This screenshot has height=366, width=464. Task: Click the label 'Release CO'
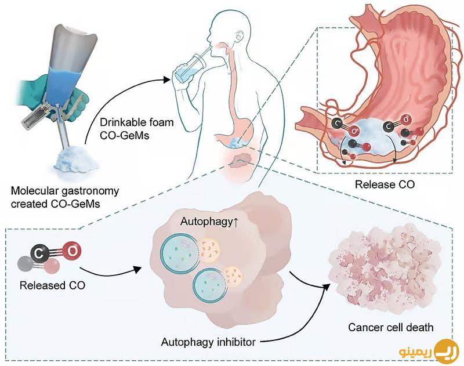[385, 184]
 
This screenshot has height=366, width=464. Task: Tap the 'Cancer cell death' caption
[390, 327]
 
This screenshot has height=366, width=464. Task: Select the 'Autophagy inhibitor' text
[208, 342]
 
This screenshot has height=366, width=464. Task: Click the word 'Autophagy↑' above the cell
[209, 222]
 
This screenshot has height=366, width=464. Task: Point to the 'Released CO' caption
[52, 285]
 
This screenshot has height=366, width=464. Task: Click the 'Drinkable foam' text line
[137, 122]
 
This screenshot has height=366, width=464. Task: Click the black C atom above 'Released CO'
[39, 253]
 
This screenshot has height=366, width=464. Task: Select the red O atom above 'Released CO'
[72, 251]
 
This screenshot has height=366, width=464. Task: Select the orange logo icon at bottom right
[447, 351]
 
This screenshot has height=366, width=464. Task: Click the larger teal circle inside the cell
[179, 252]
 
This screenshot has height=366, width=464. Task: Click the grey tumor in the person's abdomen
[240, 160]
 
